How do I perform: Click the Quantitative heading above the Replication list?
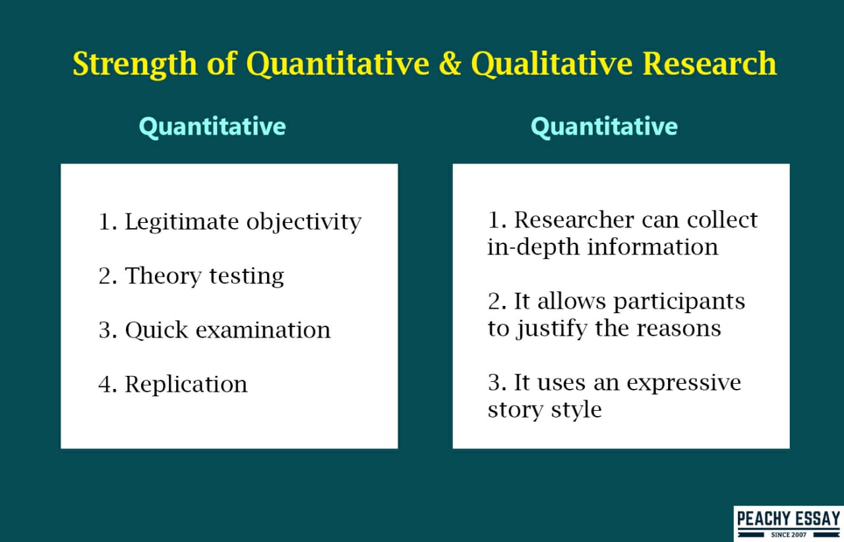coord(212,127)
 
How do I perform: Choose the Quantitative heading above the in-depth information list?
coord(604,127)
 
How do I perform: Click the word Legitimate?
coord(182,222)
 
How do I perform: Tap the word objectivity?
coord(304,222)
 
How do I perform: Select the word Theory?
coord(163,276)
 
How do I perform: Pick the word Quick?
coord(155,330)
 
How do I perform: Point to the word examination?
coord(261,330)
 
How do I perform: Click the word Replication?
coord(186,384)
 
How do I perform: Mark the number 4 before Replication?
coord(105,384)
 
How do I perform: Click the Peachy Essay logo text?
coord(787,518)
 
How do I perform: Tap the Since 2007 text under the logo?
coord(788,534)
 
